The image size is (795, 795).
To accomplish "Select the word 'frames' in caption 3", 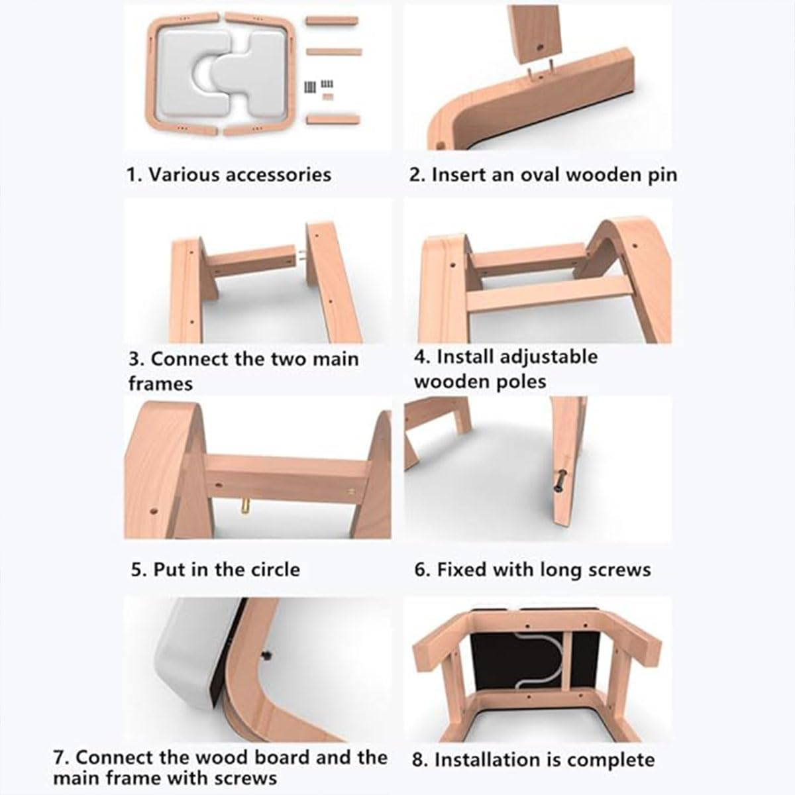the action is point(160,384).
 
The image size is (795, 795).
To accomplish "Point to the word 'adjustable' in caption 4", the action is point(517,357).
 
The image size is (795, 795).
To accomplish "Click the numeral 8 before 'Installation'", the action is point(417,760).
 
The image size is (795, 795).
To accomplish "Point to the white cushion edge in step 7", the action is point(185,664).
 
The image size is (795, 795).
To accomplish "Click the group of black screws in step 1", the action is point(319,86).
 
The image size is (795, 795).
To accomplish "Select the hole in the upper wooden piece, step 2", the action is point(539,48).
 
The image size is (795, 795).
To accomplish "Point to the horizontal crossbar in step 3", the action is point(252,261).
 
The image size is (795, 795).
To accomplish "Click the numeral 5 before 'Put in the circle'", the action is point(136,570).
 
